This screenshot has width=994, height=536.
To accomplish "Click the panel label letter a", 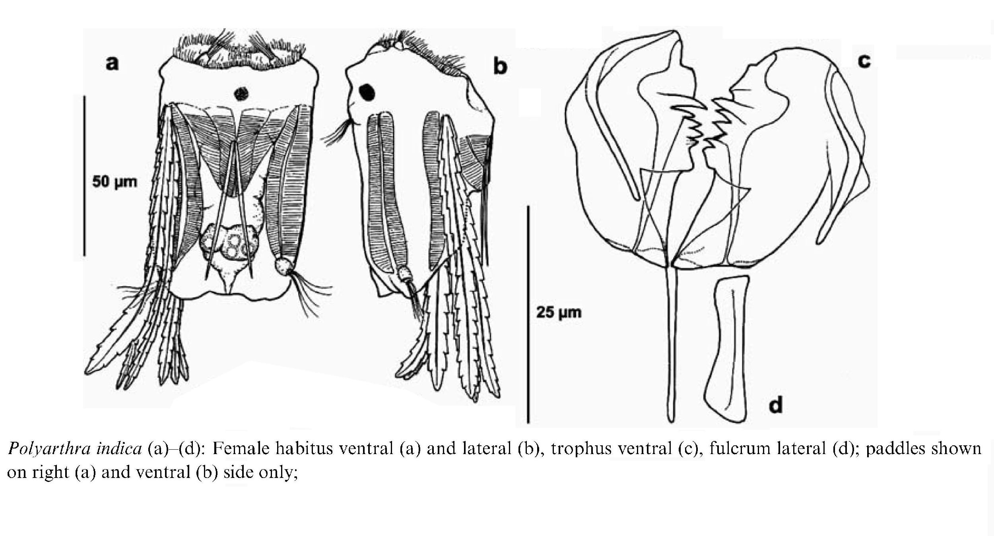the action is (112, 63).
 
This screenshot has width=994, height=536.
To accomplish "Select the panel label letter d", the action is (776, 404).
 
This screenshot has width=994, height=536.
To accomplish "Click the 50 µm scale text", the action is (115, 182).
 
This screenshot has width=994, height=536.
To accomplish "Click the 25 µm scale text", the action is (559, 313).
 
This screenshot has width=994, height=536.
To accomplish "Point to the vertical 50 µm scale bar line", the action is (84, 175).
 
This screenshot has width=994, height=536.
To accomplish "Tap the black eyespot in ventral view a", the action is (241, 94).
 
